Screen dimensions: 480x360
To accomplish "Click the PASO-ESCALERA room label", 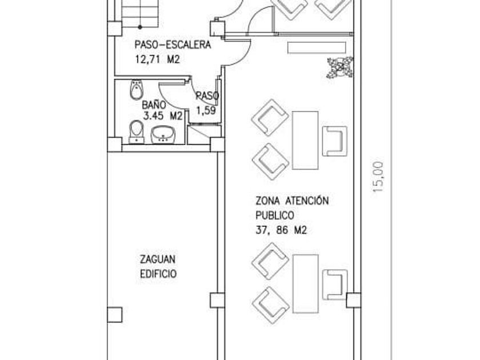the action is point(173,45).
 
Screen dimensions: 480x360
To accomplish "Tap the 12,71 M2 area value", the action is point(157,59).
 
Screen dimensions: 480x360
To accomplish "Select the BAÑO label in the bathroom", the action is point(154,105).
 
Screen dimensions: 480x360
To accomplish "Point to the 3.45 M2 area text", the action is point(162,116).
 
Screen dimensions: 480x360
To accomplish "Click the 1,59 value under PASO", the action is point(206,110).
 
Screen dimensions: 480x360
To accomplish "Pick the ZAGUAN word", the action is point(158,259).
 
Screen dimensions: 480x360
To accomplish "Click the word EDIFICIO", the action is point(158,274).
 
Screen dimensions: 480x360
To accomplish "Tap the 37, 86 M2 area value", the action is point(281,230).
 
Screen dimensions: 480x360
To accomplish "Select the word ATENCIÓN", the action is point(307,201).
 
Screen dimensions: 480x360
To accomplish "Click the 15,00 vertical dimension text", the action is point(378,177).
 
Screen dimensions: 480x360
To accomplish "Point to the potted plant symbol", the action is point(340,67).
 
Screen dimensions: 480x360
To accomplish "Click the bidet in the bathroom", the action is point(137,89).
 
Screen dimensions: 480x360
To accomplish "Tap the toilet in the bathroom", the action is point(136,132).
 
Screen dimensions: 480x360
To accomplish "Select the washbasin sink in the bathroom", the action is point(163,134).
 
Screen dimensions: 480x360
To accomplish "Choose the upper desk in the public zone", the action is point(305,141).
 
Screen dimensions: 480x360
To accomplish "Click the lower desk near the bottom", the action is point(305,284).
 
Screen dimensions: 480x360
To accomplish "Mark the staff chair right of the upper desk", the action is point(335,141).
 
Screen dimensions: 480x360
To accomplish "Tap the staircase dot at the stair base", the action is point(140,27).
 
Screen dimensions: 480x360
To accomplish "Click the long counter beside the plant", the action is point(317,48).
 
